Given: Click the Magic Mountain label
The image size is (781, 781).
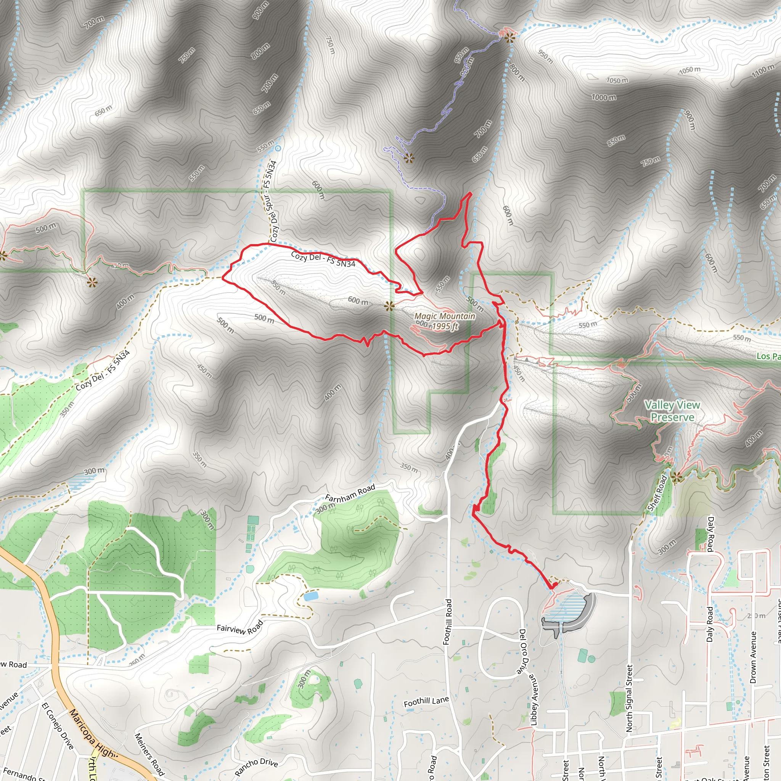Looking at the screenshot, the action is coord(445,317).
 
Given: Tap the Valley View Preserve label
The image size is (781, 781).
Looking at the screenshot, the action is coord(672,411).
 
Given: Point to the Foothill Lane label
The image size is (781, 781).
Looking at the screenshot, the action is coord(426,702).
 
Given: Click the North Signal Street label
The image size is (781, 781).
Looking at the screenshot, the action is coord(629,698).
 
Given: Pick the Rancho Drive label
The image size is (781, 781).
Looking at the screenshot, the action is coord(256,765).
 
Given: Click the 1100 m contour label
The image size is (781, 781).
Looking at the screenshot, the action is coord(763,71).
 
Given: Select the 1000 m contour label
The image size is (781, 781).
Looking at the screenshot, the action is coord(604,97).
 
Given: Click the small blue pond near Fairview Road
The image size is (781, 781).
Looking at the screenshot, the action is coord(310,596).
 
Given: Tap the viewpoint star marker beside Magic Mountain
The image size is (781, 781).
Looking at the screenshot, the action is coord(389,305).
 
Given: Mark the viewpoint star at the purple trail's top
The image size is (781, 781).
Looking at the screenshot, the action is coord(509,38).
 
